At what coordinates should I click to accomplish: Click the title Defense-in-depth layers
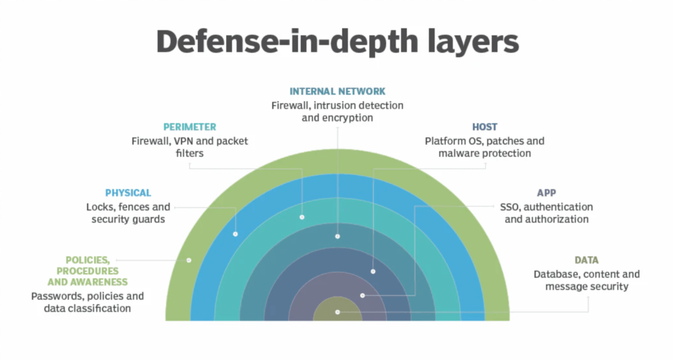point(337,41)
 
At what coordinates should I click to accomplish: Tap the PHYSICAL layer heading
point(128,192)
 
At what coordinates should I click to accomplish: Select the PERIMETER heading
point(191,127)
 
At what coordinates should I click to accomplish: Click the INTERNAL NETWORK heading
point(337,91)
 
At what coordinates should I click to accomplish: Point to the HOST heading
point(484,127)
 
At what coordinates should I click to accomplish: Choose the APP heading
point(546,192)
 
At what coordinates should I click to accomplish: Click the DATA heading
point(586,260)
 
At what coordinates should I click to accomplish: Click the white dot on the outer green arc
point(189,260)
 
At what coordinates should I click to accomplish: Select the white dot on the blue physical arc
point(235,234)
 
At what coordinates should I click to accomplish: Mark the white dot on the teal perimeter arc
point(302,217)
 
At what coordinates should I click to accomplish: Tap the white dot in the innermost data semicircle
point(337,312)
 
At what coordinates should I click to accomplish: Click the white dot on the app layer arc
point(362,296)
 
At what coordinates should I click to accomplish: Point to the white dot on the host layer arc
point(373,271)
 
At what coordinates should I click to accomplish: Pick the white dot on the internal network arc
point(337,236)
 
